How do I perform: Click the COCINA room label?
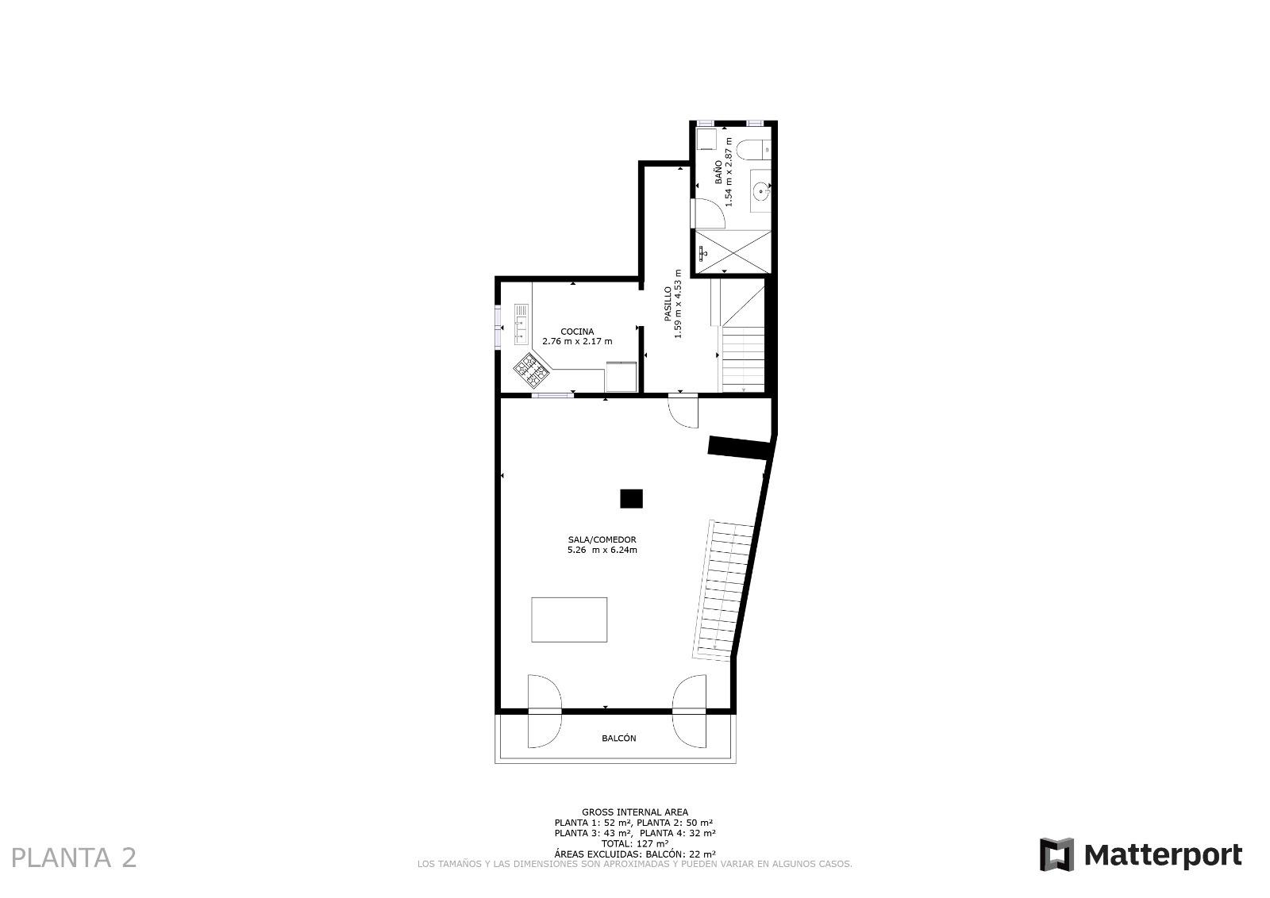pos(577,332)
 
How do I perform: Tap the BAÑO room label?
pos(718,171)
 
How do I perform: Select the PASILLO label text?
pos(668,304)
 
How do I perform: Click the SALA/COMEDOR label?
pos(602,540)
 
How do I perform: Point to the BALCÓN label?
pos(618,739)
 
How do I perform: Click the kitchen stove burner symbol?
pos(531,370)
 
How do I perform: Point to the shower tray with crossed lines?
pos(733,252)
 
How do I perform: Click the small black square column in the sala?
pos(631,498)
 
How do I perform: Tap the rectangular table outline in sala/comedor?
pos(569,620)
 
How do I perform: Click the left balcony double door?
pos(545,711)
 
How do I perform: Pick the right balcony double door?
pos(690,711)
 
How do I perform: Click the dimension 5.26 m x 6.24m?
pos(602,550)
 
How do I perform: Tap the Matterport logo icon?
pos(1056,855)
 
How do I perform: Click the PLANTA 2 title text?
pos(75,858)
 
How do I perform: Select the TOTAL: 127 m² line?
pos(634,843)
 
